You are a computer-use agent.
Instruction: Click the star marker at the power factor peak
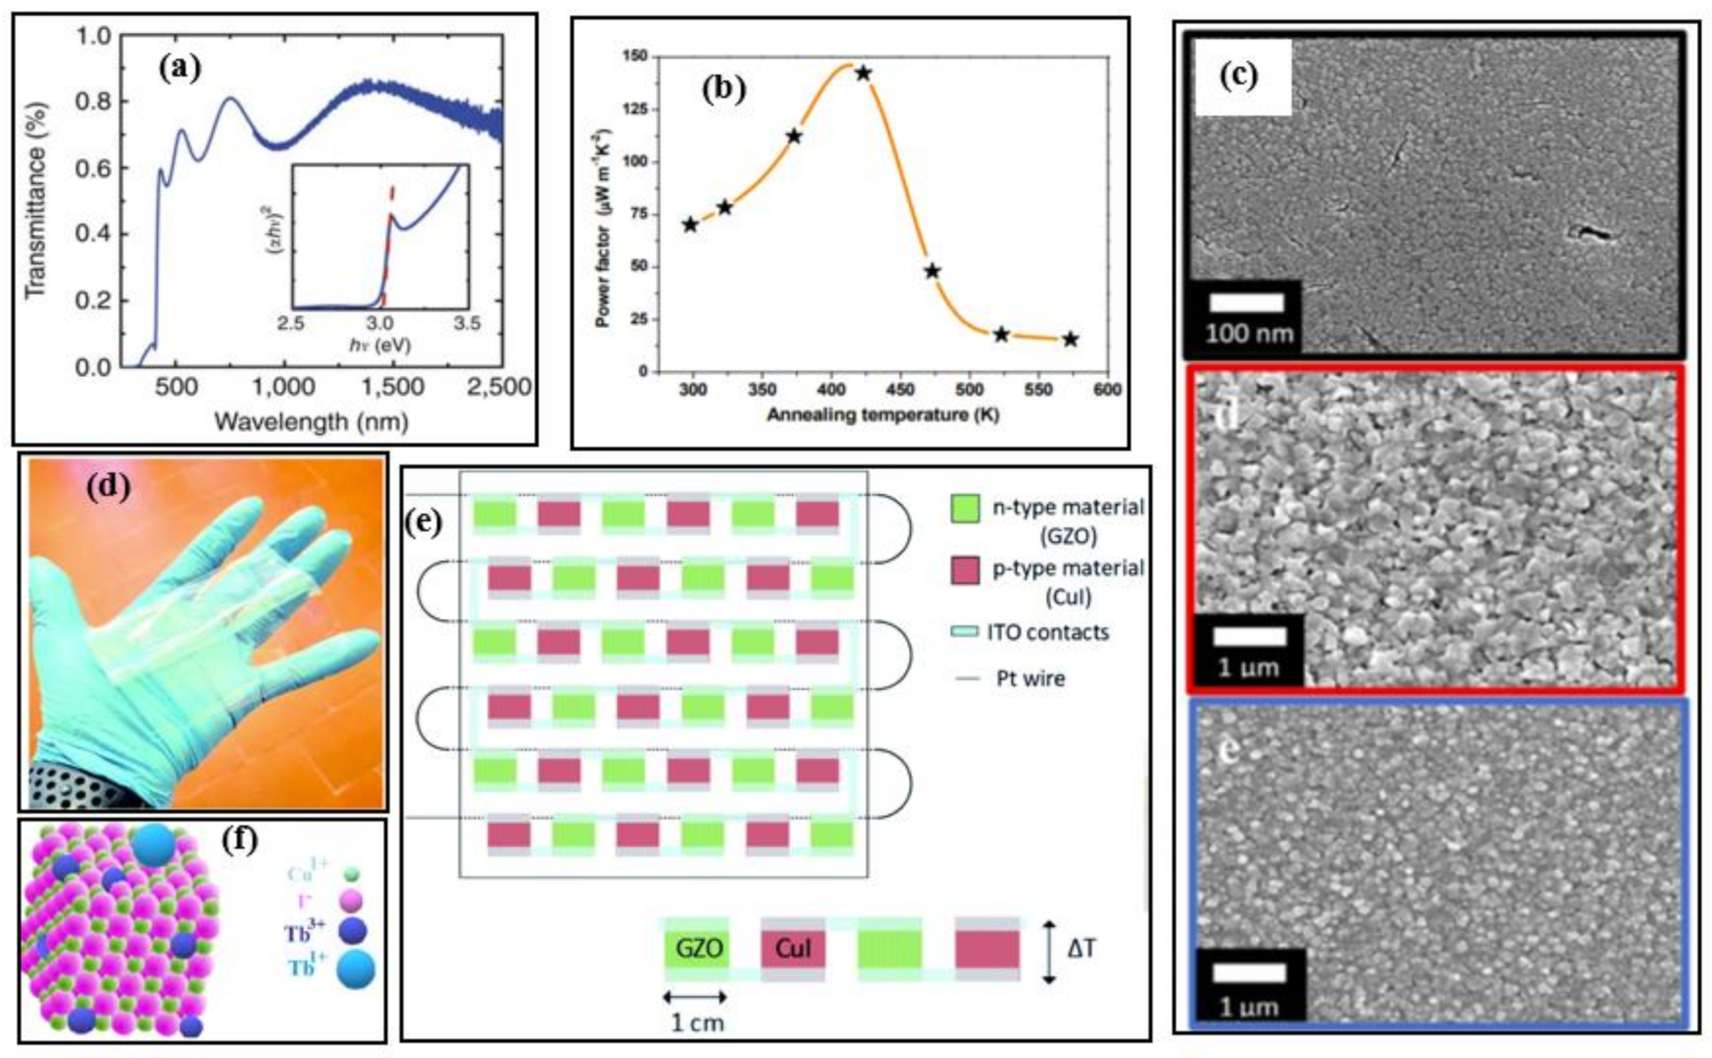tap(863, 73)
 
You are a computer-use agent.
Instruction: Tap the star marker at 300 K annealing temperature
tap(690, 225)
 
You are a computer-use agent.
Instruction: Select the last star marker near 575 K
tap(1070, 339)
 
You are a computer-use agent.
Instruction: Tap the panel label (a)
tap(179, 70)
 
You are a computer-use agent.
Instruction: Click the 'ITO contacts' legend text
tap(1047, 632)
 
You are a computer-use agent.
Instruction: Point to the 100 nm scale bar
tap(1246, 303)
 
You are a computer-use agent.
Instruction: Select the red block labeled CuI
tap(793, 949)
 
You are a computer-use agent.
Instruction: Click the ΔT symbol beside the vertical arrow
tap(1082, 949)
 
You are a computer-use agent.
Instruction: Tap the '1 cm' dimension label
tap(697, 1023)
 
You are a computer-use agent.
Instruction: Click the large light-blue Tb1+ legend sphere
tap(355, 970)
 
